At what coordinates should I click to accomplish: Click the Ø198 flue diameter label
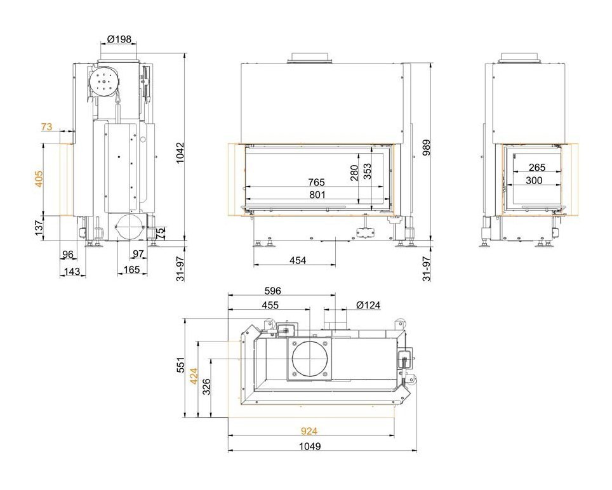[119, 39]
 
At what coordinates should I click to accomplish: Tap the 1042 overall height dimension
[180, 153]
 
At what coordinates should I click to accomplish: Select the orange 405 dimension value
[39, 179]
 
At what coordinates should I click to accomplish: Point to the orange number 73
[46, 127]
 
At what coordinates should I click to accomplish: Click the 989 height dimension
[426, 147]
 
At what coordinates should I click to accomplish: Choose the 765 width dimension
[316, 182]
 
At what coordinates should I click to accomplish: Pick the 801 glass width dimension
[317, 194]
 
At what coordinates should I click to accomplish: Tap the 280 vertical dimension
[354, 173]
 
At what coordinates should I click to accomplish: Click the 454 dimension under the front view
[298, 260]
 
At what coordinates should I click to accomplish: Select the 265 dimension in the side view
[536, 168]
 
